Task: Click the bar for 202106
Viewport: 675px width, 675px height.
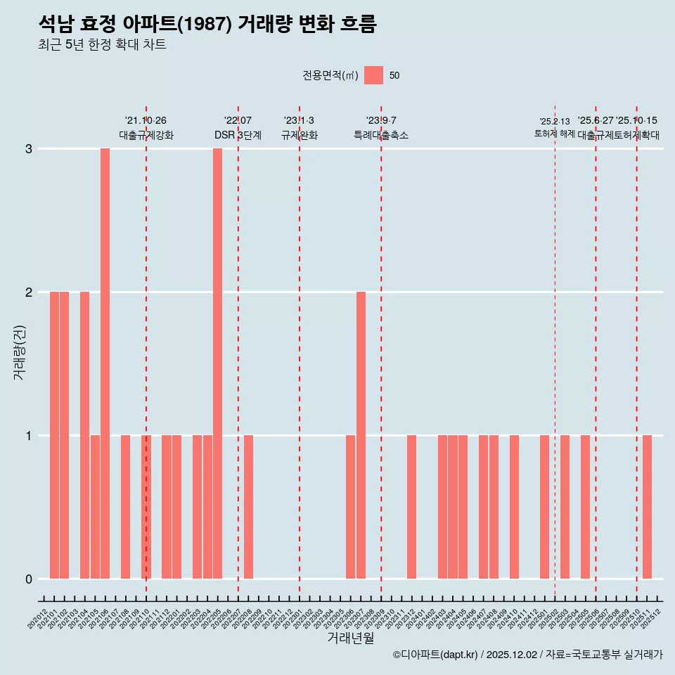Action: [x=105, y=364]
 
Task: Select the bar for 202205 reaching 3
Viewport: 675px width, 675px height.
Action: [x=217, y=364]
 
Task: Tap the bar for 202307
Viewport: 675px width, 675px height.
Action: [x=361, y=435]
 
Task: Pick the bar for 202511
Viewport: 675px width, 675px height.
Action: [x=647, y=507]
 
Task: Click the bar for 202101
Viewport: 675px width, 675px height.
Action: [x=54, y=435]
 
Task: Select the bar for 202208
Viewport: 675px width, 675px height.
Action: [x=248, y=507]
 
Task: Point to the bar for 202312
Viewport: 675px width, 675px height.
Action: [x=411, y=507]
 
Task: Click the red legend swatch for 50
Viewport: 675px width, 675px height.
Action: [x=373, y=75]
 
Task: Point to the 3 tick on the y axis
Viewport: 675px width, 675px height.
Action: [x=29, y=149]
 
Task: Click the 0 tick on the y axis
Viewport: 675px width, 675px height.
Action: [x=29, y=579]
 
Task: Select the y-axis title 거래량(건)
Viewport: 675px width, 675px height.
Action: [x=19, y=352]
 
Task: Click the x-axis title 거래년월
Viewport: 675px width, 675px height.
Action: [x=350, y=638]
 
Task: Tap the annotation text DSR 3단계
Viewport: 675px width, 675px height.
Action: [x=238, y=135]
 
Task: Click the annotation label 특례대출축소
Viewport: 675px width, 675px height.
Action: [x=380, y=135]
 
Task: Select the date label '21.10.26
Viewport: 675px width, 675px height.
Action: [x=146, y=120]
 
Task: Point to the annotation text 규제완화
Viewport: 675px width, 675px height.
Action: [x=300, y=135]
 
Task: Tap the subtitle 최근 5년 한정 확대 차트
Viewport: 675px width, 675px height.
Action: [x=102, y=45]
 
